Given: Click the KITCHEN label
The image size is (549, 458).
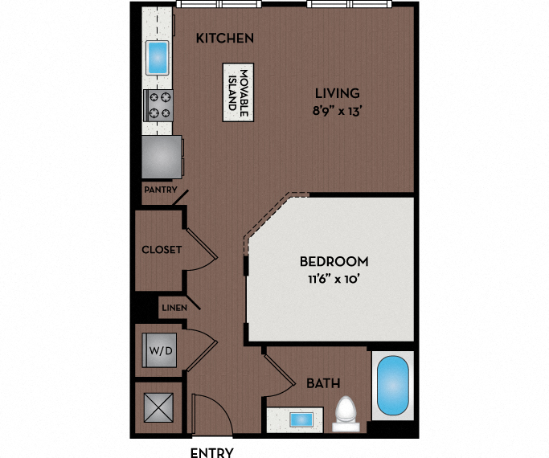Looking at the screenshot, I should (225, 38).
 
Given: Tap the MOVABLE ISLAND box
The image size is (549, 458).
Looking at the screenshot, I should (236, 92).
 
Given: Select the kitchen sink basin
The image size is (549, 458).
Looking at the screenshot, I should (158, 58).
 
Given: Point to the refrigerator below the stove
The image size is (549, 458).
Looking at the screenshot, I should (162, 156).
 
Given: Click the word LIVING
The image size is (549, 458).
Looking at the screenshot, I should (337, 93).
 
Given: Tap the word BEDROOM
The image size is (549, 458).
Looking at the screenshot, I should (334, 261).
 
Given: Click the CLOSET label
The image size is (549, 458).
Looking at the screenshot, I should (161, 250).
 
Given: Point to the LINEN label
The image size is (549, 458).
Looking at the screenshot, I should (174, 308).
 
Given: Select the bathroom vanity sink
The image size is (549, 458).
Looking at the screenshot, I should (300, 419).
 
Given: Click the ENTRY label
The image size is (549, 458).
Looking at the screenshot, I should (212, 452).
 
